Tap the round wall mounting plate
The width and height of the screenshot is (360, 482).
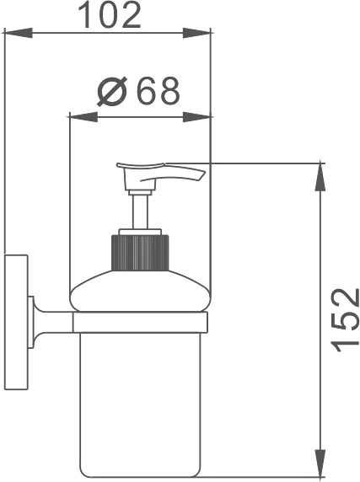click(x=14, y=320)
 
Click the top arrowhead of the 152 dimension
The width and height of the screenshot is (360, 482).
click(x=320, y=172)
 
